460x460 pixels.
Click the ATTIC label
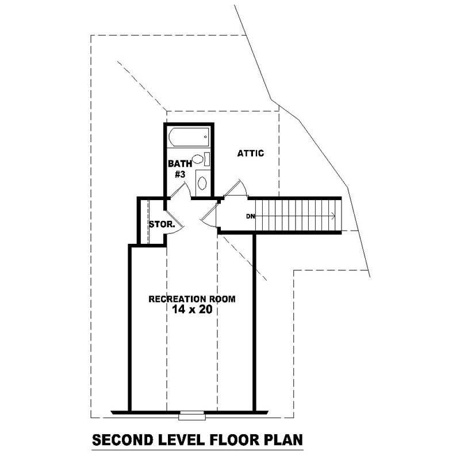[x=250, y=154]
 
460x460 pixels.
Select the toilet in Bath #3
[x=200, y=159]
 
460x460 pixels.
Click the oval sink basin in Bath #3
[x=202, y=183]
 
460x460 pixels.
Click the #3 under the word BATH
[x=179, y=174]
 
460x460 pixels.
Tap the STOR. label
[x=162, y=224]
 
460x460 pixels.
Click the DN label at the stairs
[x=250, y=216]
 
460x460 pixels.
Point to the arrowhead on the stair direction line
[x=333, y=216]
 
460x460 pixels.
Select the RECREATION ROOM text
[x=191, y=299]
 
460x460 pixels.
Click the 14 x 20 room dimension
[x=191, y=309]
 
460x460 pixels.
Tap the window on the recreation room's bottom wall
[x=191, y=413]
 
